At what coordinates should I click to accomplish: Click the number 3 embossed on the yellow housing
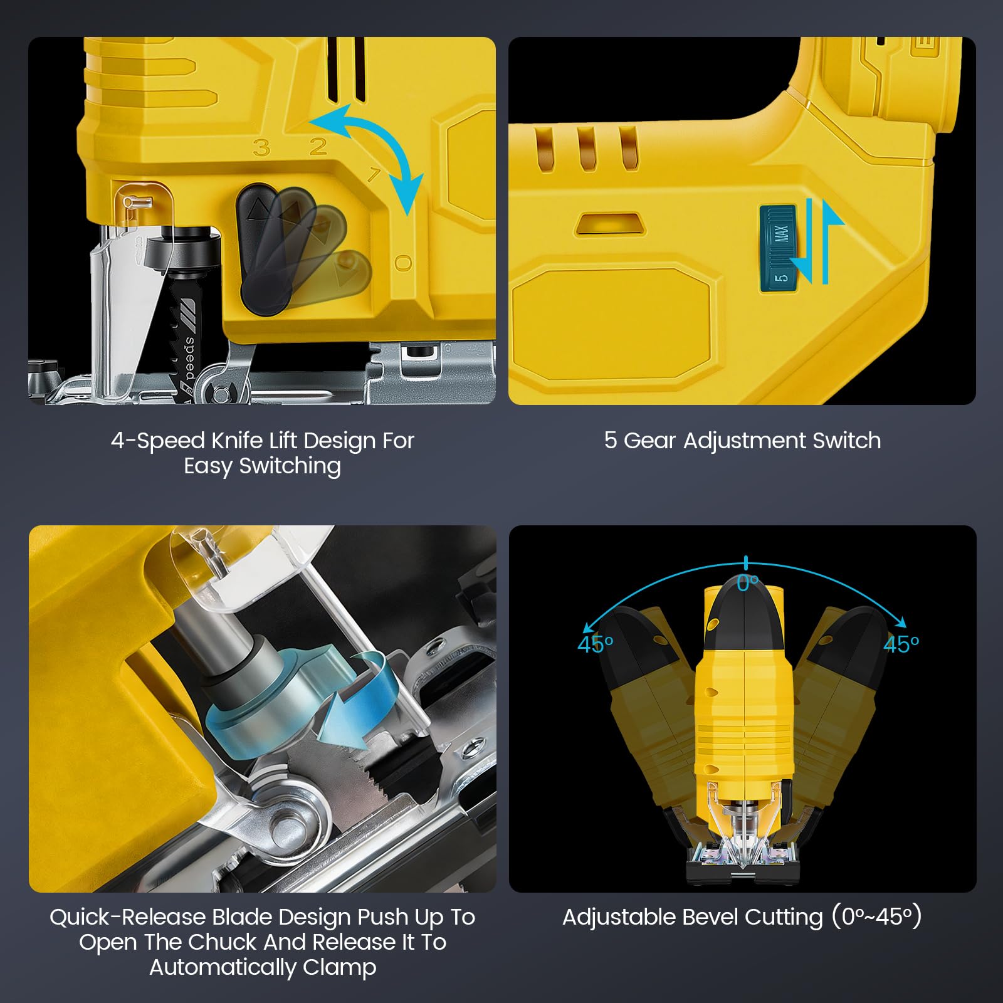262,148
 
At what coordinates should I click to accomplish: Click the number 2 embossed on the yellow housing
318,146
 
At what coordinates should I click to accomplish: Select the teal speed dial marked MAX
778,248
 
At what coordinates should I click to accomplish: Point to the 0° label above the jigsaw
748,583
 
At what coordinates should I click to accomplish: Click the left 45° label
595,644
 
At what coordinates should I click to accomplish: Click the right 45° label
901,644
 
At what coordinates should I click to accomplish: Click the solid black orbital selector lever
260,248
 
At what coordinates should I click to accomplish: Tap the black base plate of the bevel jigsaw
743,870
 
